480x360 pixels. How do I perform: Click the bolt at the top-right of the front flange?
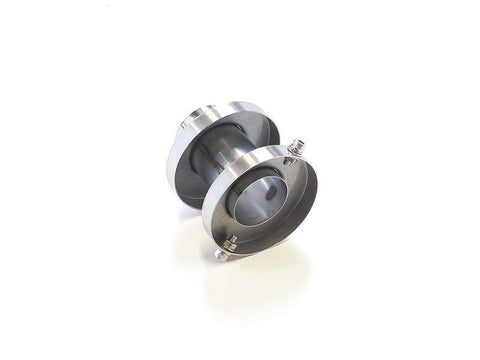point(296,150)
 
